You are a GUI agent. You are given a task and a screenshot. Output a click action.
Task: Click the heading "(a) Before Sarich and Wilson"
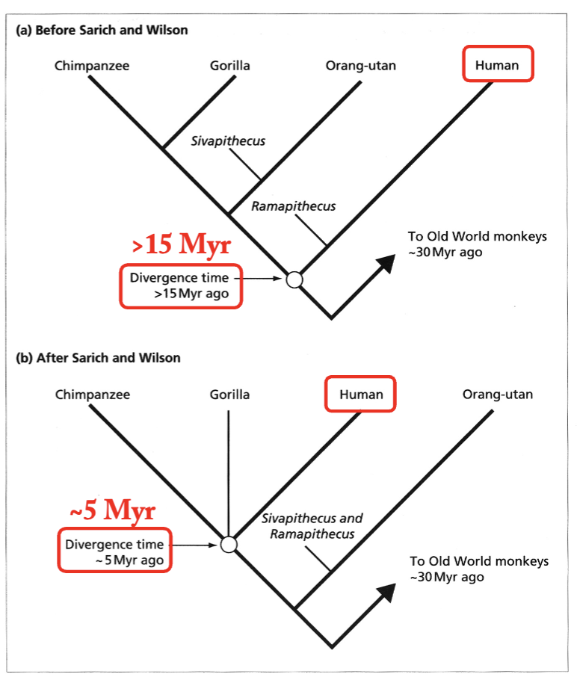(102, 31)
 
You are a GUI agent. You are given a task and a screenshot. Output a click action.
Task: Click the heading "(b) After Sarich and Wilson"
(98, 358)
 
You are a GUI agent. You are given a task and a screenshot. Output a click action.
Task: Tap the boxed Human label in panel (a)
(497, 65)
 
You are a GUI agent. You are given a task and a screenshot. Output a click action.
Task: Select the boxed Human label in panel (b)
(360, 394)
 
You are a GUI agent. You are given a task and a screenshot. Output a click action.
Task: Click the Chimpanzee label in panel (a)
(91, 66)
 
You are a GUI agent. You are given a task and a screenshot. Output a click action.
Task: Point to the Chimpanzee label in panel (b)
(92, 395)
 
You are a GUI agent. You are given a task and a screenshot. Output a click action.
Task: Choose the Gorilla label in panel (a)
(230, 66)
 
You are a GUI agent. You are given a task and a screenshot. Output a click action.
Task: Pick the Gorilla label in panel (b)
(229, 395)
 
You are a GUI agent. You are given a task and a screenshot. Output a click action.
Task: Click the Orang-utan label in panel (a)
(360, 66)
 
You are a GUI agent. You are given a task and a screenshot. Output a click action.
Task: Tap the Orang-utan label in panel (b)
(498, 395)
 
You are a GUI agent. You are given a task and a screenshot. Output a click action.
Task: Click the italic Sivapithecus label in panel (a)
(228, 140)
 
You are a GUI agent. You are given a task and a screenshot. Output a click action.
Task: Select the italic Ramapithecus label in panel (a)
(293, 206)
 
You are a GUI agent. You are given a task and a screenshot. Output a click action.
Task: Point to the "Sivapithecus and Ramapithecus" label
(312, 526)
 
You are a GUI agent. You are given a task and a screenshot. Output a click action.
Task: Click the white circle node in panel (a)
(294, 279)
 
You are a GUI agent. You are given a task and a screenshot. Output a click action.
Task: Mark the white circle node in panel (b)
(229, 545)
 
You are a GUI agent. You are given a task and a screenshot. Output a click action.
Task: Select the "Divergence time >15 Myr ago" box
(181, 286)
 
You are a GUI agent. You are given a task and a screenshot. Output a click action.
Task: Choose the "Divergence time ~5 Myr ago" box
(115, 551)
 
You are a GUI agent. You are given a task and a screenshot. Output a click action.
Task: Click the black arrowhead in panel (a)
(385, 262)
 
